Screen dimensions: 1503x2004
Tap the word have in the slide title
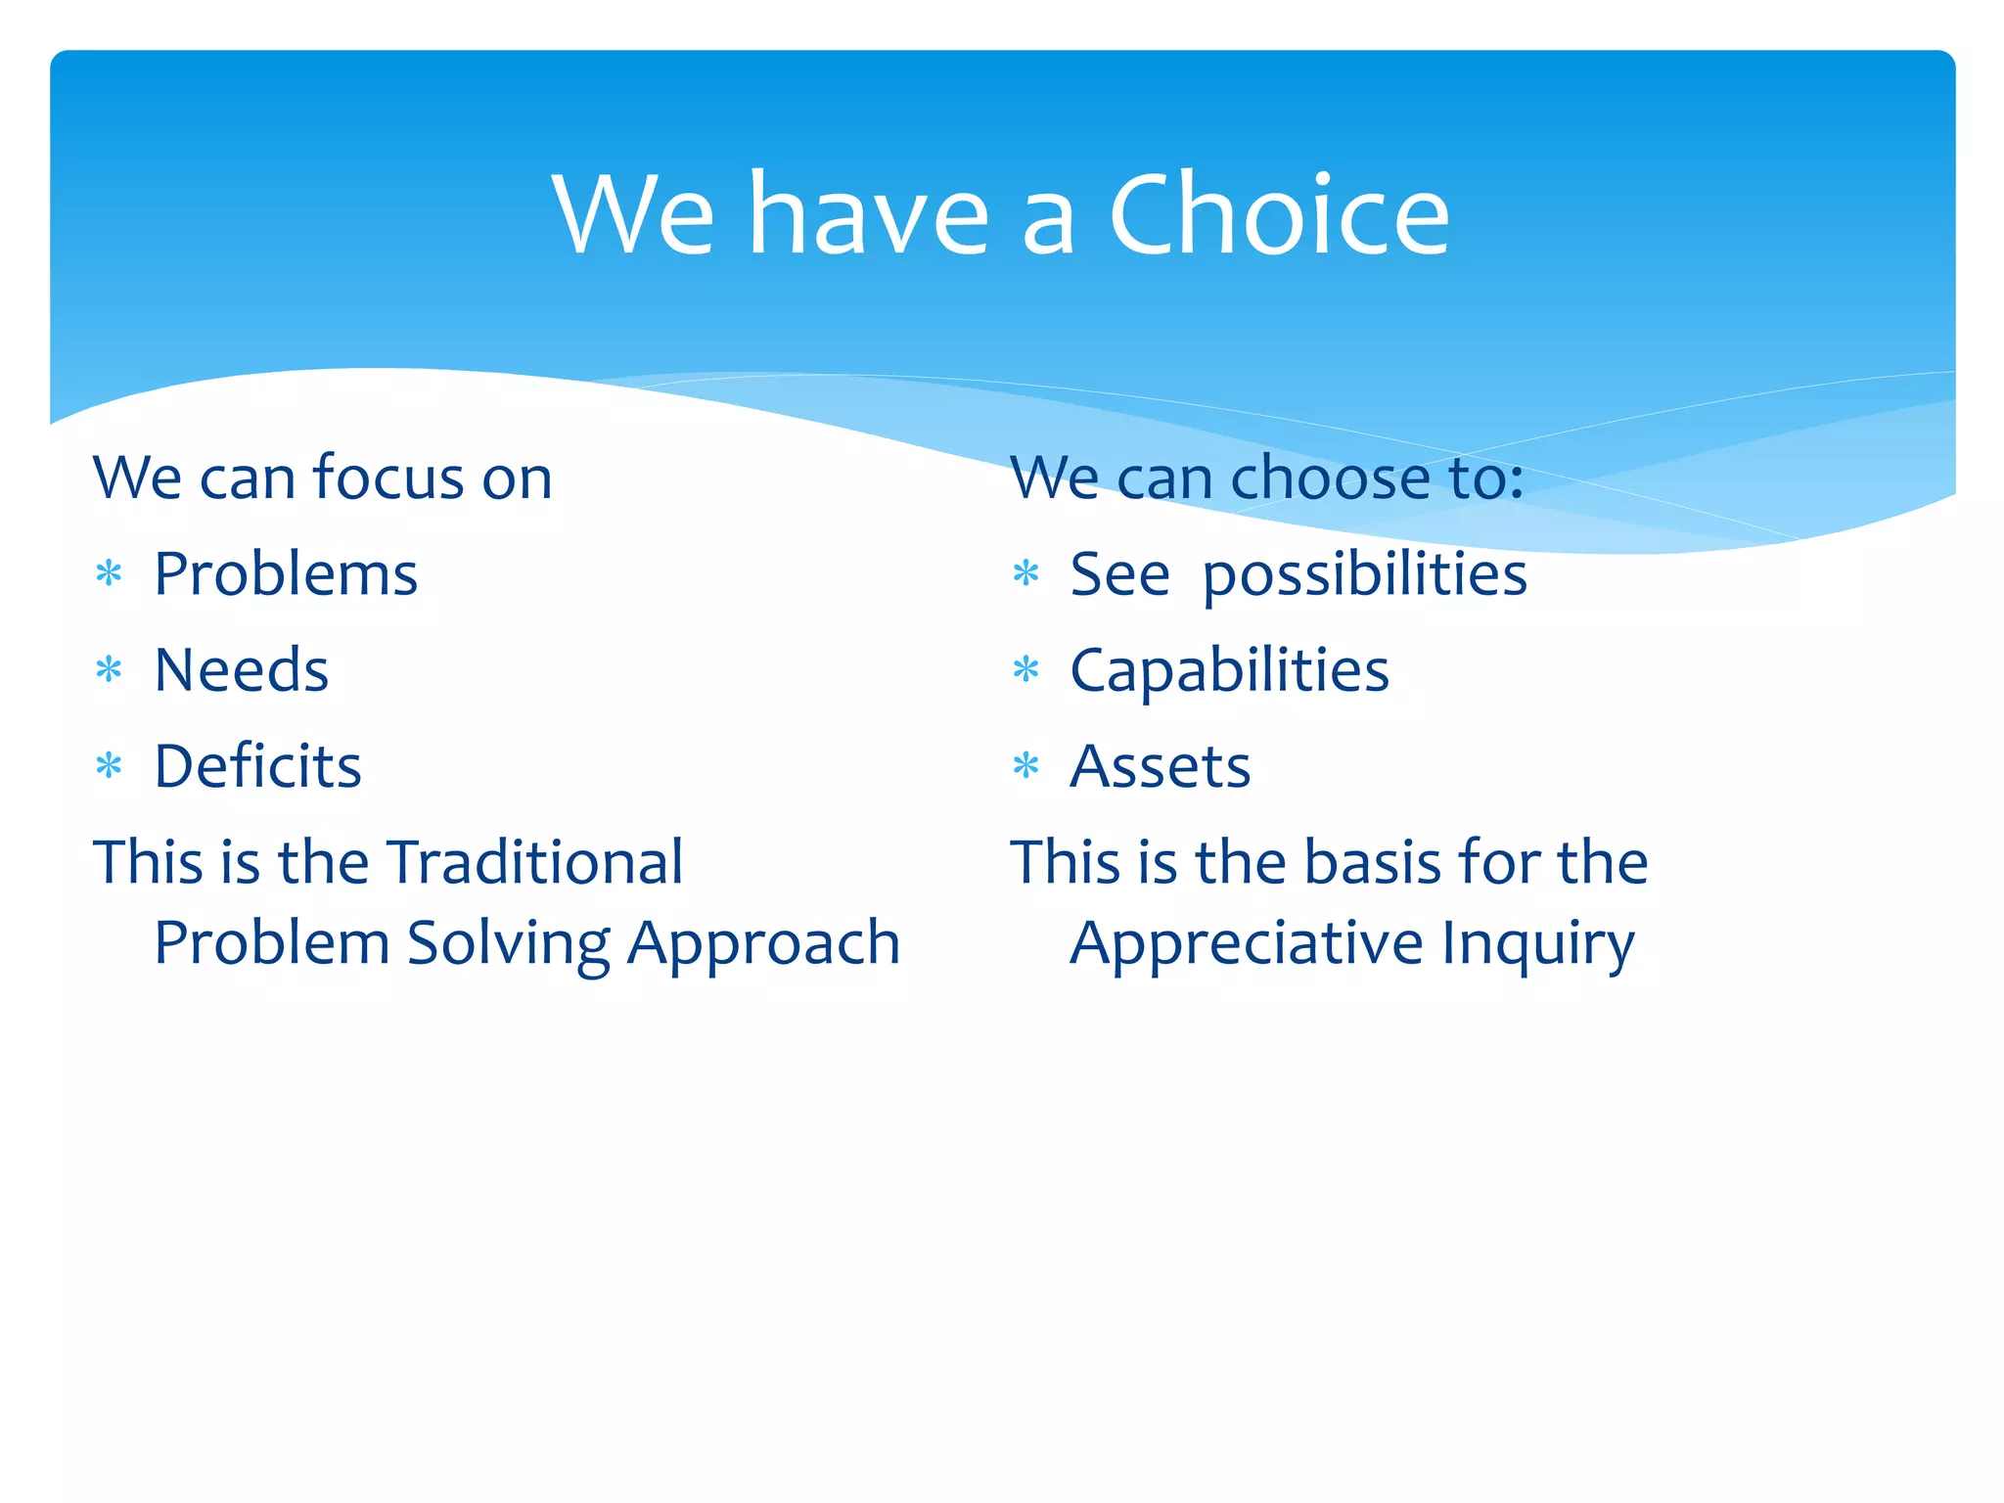point(869,215)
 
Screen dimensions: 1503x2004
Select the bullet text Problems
point(286,574)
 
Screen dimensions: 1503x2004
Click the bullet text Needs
point(242,670)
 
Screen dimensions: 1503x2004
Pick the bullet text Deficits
point(258,766)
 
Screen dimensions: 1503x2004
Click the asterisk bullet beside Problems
point(109,573)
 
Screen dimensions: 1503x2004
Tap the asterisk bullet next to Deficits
point(109,766)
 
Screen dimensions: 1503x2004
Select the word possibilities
point(1364,574)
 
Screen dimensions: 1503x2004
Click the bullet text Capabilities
point(1229,670)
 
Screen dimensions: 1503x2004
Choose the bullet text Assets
point(1161,766)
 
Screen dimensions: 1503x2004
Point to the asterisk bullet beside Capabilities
point(1025,670)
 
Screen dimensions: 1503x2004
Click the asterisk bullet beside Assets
point(1025,766)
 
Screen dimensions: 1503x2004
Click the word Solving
point(509,944)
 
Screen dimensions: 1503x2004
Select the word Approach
point(763,944)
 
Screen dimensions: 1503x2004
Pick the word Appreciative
point(1247,944)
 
